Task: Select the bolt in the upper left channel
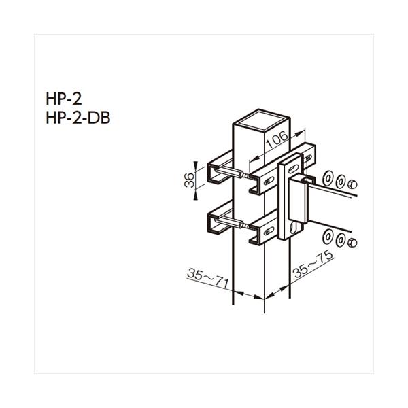tap(241, 176)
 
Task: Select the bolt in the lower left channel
tap(241, 228)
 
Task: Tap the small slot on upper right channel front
tap(262, 182)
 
